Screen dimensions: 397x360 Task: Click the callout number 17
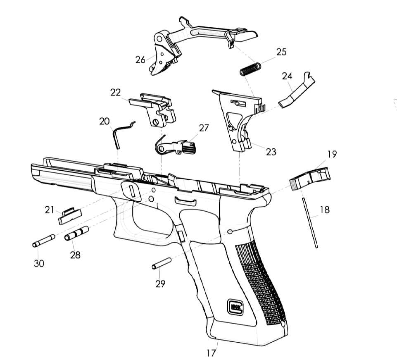point(211,353)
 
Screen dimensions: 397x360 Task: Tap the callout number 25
point(281,52)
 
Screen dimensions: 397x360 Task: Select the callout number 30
point(39,263)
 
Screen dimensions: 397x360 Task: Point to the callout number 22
point(115,93)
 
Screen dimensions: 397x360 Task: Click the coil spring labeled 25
point(250,69)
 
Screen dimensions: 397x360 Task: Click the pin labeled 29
point(162,263)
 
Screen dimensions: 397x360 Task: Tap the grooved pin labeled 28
point(76,233)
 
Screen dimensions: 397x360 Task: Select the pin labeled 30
point(43,241)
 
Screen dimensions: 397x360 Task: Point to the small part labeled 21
point(70,216)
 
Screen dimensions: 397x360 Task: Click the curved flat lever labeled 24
point(297,90)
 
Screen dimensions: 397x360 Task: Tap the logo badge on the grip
point(235,308)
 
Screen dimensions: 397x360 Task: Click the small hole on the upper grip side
point(230,231)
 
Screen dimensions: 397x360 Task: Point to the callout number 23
point(271,152)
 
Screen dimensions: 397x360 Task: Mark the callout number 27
point(204,128)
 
